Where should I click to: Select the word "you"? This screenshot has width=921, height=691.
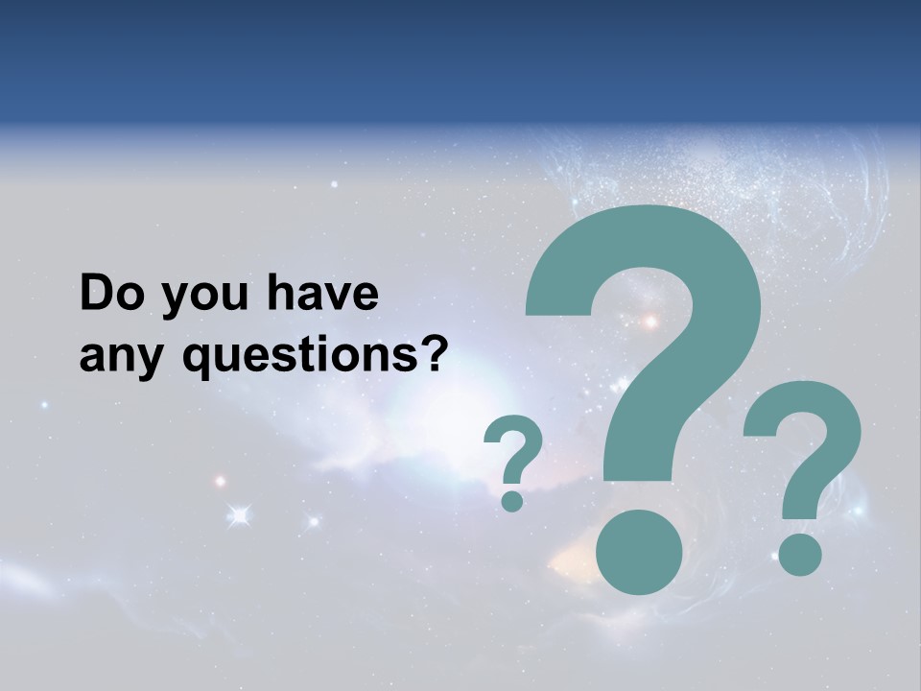pyautogui.click(x=196, y=298)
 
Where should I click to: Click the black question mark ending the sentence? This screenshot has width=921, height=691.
pyautogui.click(x=435, y=355)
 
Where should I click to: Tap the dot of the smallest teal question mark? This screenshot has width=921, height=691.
pyautogui.click(x=513, y=500)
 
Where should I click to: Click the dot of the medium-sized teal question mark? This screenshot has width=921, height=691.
pyautogui.click(x=799, y=555)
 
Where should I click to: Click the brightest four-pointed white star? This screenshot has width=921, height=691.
pyautogui.click(x=239, y=516)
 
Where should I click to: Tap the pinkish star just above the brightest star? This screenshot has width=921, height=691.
pyautogui.click(x=220, y=481)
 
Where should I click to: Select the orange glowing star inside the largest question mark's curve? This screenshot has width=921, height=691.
pyautogui.click(x=650, y=322)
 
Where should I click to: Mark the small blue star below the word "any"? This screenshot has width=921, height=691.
pyautogui.click(x=44, y=405)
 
